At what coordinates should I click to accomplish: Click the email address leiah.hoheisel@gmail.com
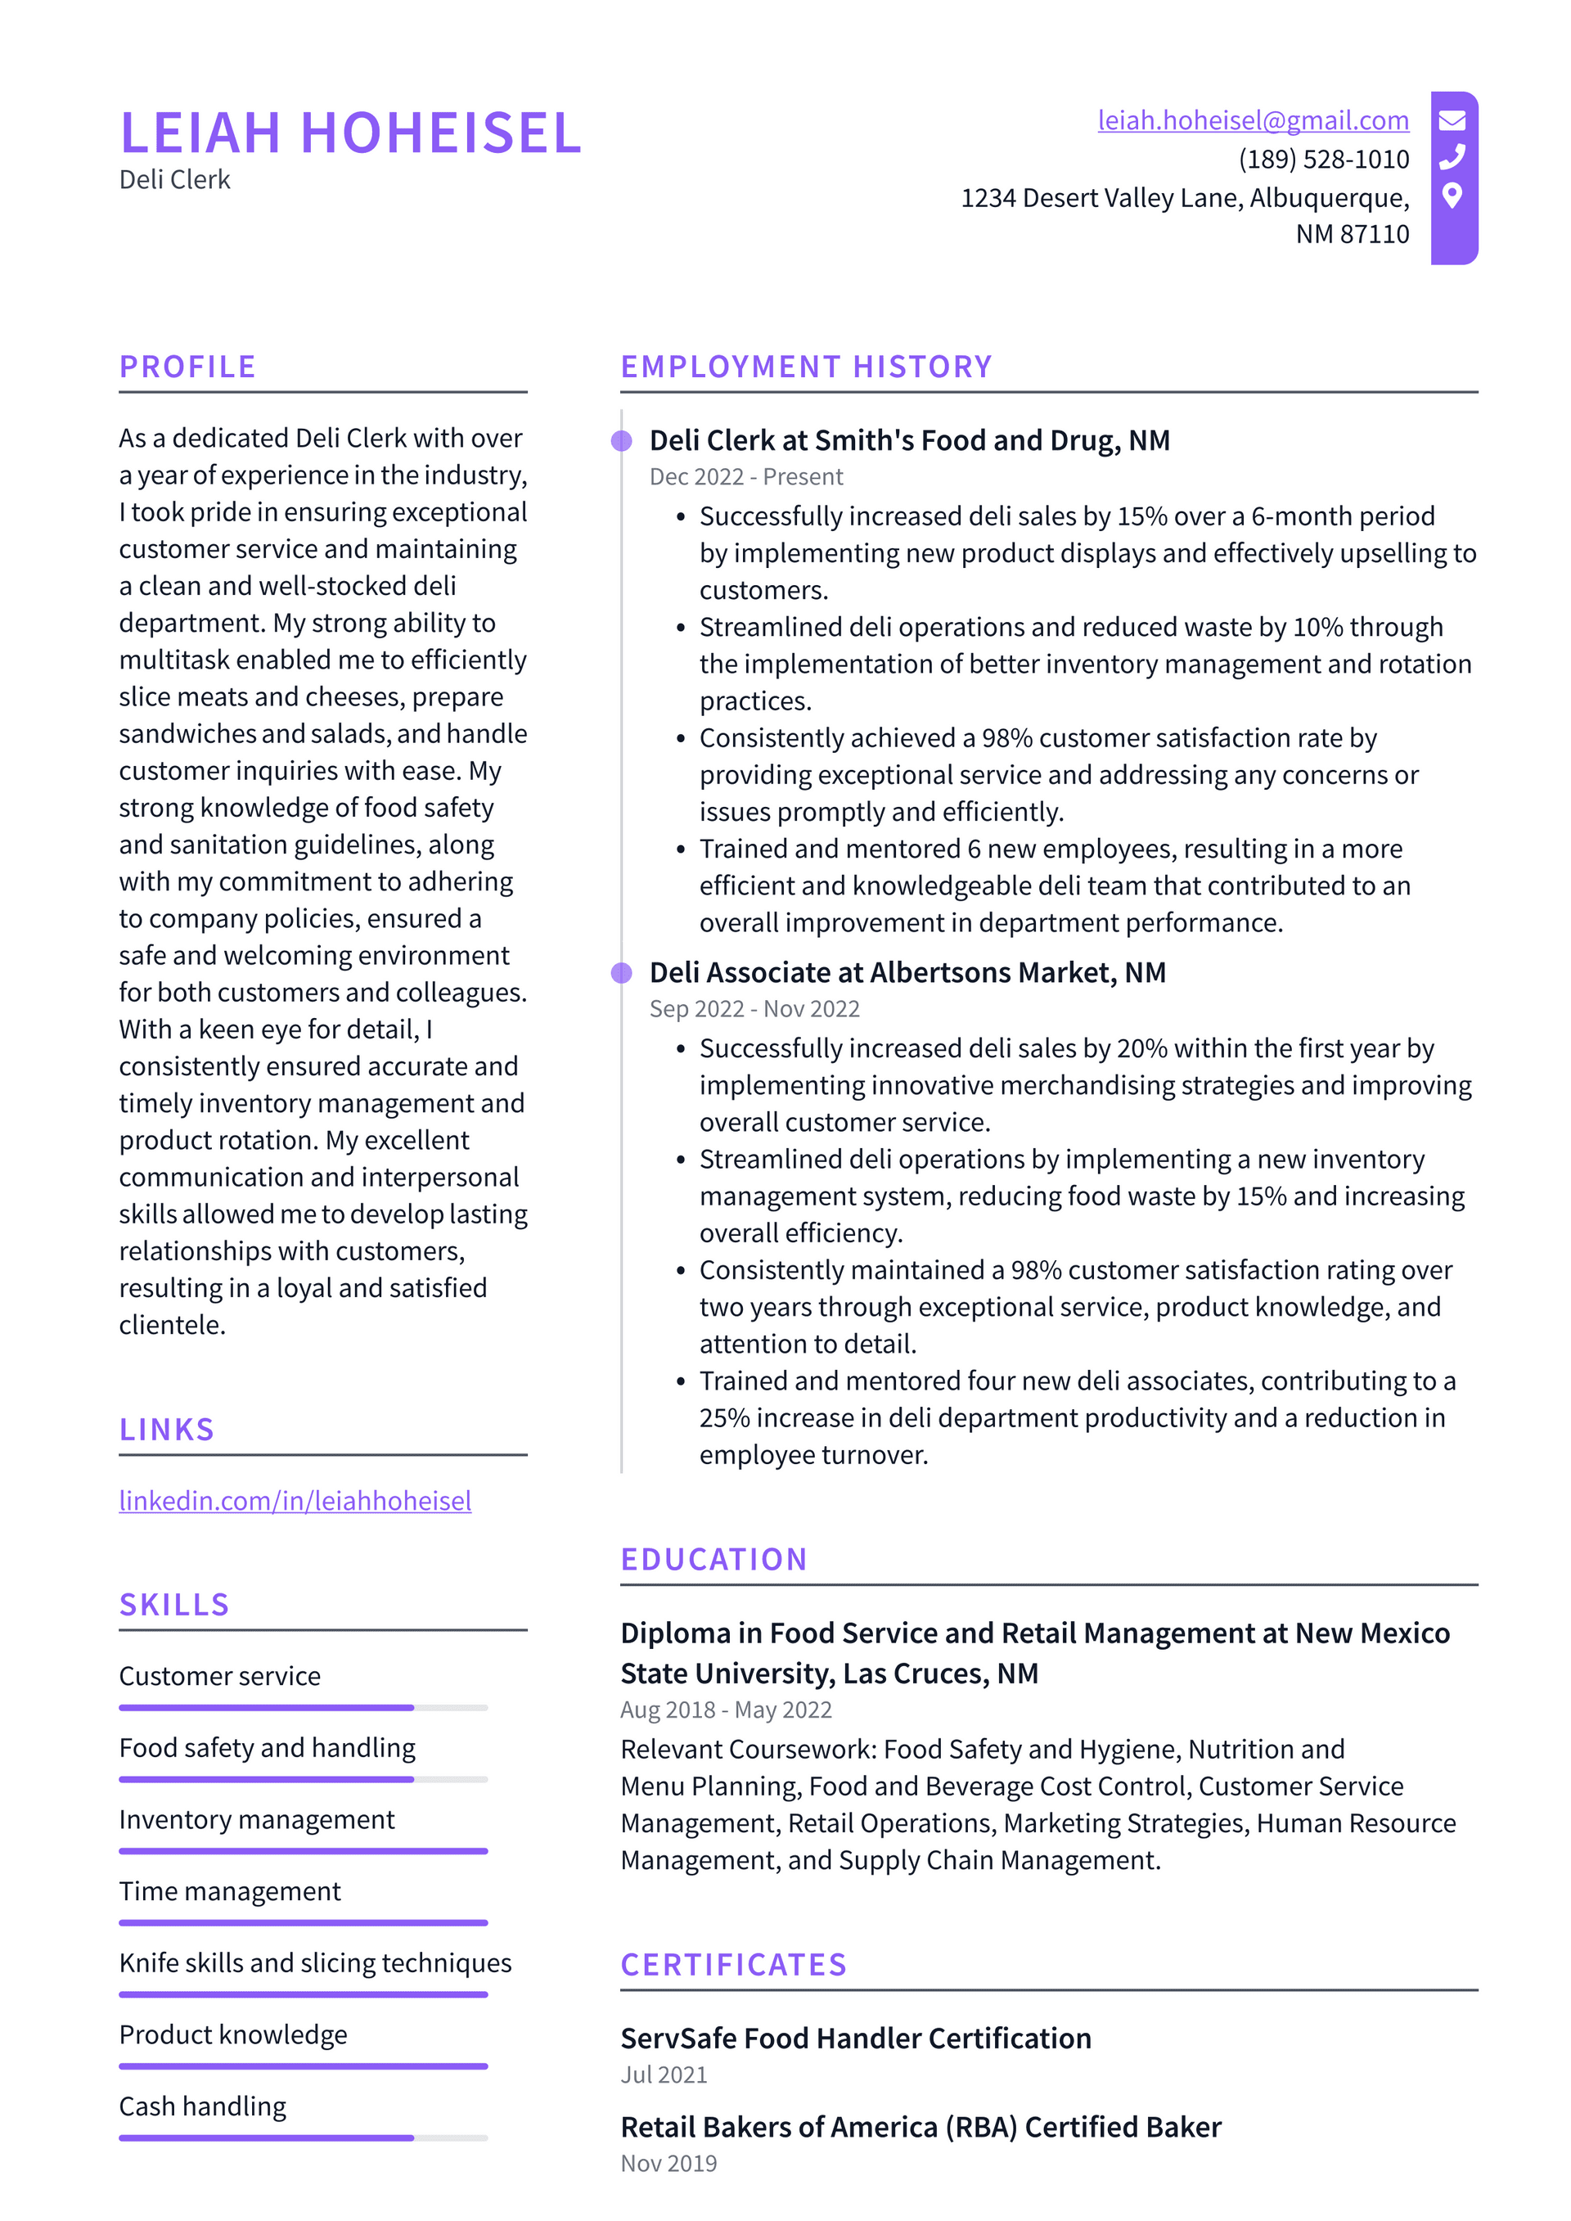[1252, 120]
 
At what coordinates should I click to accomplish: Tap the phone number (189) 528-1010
[1322, 159]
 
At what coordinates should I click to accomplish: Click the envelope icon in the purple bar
[1452, 120]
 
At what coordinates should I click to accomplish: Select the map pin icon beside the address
[1451, 196]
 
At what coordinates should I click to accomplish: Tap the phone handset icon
[1452, 156]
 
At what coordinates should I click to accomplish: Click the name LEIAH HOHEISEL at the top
[350, 133]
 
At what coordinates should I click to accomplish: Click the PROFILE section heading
[187, 367]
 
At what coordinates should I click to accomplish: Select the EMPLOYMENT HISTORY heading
[806, 367]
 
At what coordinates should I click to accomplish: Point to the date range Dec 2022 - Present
[746, 477]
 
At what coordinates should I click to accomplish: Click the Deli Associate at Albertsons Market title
[907, 972]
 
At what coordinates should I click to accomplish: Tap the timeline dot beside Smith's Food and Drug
[621, 441]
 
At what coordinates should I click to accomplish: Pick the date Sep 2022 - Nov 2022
[754, 1009]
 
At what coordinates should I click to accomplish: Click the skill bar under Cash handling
[303, 2138]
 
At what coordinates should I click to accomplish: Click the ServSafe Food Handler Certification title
[855, 2039]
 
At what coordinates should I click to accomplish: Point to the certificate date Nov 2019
[668, 2163]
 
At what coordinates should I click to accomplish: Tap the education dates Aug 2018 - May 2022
[726, 1710]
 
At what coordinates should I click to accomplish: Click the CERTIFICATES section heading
[733, 1965]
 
